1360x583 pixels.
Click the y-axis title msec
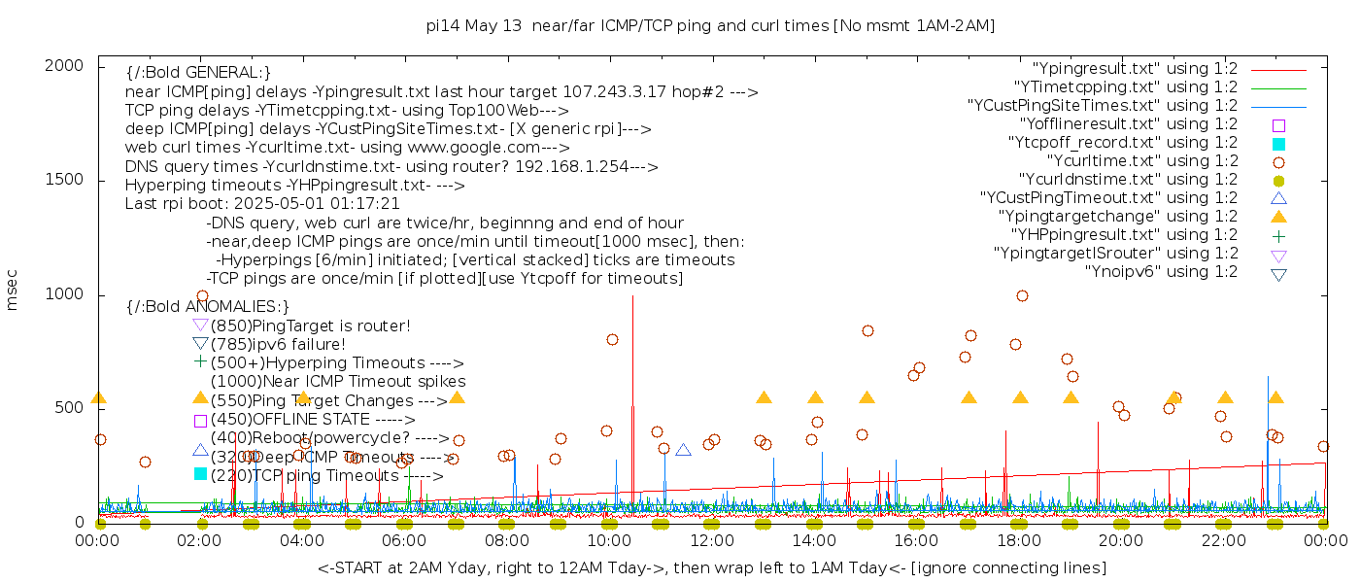[13, 290]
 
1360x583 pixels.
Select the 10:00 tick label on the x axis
[609, 540]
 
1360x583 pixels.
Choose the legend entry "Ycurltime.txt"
[1142, 161]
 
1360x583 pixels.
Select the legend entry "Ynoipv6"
[1161, 272]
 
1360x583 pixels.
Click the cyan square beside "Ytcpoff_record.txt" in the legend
[1278, 144]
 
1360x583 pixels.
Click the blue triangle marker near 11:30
[683, 450]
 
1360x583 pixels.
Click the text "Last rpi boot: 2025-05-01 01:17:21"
[262, 204]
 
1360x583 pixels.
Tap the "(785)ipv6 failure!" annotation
[278, 344]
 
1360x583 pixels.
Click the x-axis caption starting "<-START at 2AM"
[711, 567]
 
